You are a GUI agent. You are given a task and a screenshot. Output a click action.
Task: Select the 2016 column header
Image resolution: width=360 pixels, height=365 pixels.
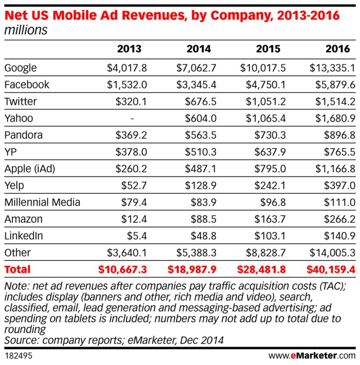[x=337, y=49]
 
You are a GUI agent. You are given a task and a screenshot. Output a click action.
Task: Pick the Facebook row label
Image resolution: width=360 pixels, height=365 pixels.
[x=27, y=85]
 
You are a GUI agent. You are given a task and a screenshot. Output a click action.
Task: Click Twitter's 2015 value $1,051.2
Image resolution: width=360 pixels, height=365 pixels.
[x=269, y=101]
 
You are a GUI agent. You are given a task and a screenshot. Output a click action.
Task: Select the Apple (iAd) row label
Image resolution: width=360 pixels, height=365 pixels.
[x=30, y=169]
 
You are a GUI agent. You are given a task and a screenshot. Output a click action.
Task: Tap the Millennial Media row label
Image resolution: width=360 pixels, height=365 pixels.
[x=42, y=202]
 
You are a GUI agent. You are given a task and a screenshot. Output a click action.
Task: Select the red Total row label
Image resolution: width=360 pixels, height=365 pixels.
[x=17, y=269]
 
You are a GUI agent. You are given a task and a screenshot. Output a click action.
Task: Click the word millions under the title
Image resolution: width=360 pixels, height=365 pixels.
[x=25, y=30]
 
